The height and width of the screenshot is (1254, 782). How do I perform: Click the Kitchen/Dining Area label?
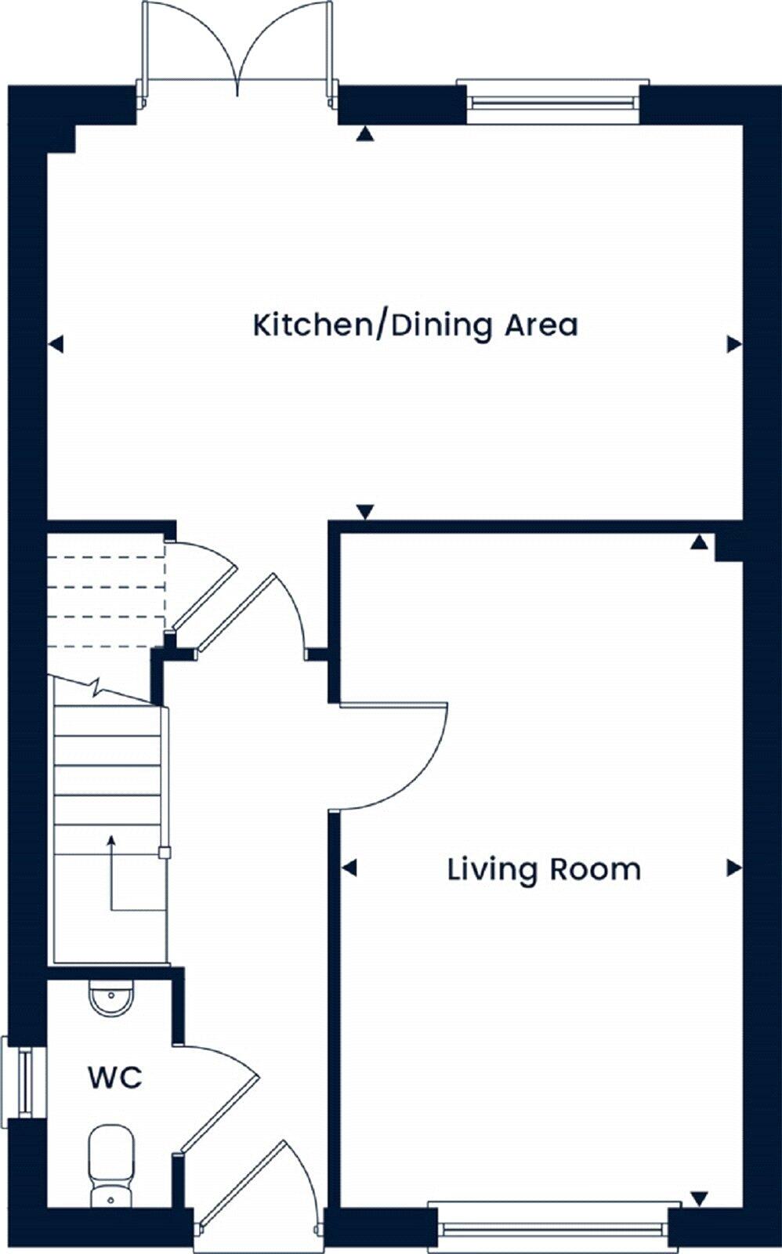point(415,325)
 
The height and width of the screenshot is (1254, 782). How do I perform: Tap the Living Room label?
point(544,870)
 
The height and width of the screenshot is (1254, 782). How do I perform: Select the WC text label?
point(114,1078)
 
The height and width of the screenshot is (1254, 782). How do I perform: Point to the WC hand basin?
point(111,998)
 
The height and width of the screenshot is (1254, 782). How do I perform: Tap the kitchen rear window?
point(552,101)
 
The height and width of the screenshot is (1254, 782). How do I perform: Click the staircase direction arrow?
point(111,843)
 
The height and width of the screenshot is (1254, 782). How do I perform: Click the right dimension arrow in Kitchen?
point(734,343)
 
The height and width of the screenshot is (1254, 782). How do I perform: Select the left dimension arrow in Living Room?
point(349,868)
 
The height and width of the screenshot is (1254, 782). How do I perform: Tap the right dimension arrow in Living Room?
point(734,868)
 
